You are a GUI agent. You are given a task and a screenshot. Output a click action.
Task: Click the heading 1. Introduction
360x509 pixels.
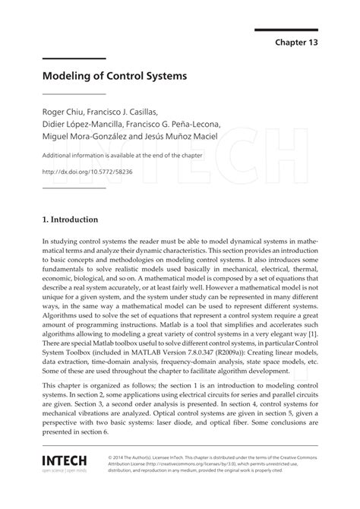(x=70, y=220)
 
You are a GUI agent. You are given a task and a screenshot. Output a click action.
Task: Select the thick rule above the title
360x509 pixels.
(x=73, y=59)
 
